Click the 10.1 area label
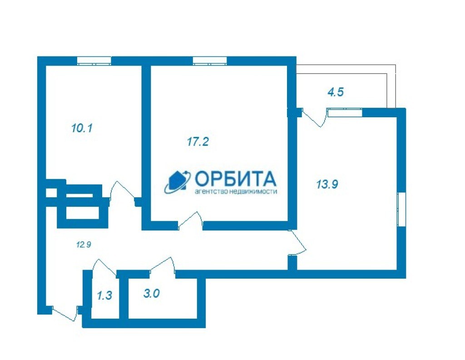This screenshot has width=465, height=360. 82,128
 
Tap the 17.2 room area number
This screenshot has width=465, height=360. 198,141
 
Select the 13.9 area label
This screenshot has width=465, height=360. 327,185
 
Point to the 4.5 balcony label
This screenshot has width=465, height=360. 336,92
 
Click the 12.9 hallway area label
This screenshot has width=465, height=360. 84,245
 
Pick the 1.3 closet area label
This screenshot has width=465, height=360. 104,295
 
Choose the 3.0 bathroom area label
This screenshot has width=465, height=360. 152,294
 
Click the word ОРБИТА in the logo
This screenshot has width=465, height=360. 236,179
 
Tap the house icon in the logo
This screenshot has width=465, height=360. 178,181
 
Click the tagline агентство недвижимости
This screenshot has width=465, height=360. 236,191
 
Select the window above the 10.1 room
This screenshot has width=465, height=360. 94,60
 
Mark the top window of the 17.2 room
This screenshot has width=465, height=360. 210,60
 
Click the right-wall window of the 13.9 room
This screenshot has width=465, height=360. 401,209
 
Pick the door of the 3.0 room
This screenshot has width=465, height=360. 162,265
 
